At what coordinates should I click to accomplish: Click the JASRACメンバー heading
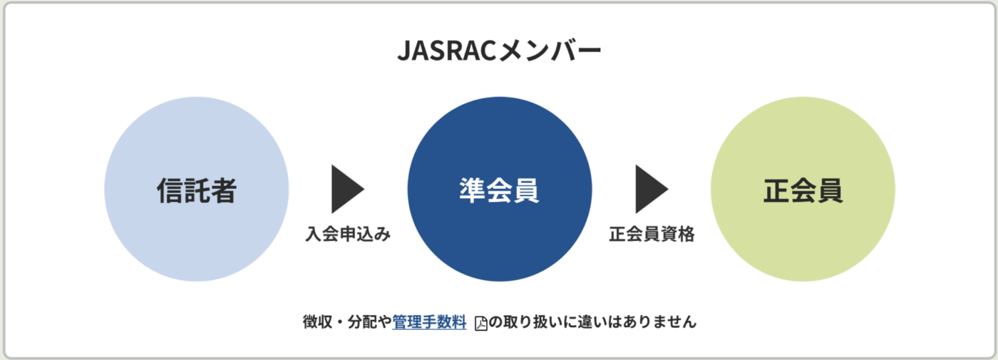coord(499,51)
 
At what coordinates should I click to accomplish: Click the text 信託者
coord(196,190)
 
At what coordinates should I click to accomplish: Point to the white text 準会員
coord(499,190)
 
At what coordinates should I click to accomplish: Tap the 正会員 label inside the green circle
coord(803,190)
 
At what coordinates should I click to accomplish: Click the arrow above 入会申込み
coord(347,189)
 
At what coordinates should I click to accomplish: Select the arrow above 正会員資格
coord(651,189)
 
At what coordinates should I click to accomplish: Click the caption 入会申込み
coord(349,235)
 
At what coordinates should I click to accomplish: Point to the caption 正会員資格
coord(652,235)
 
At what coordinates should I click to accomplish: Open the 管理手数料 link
coord(429,322)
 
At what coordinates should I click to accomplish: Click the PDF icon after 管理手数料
coord(481,323)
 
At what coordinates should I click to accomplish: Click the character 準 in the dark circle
coord(473,190)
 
